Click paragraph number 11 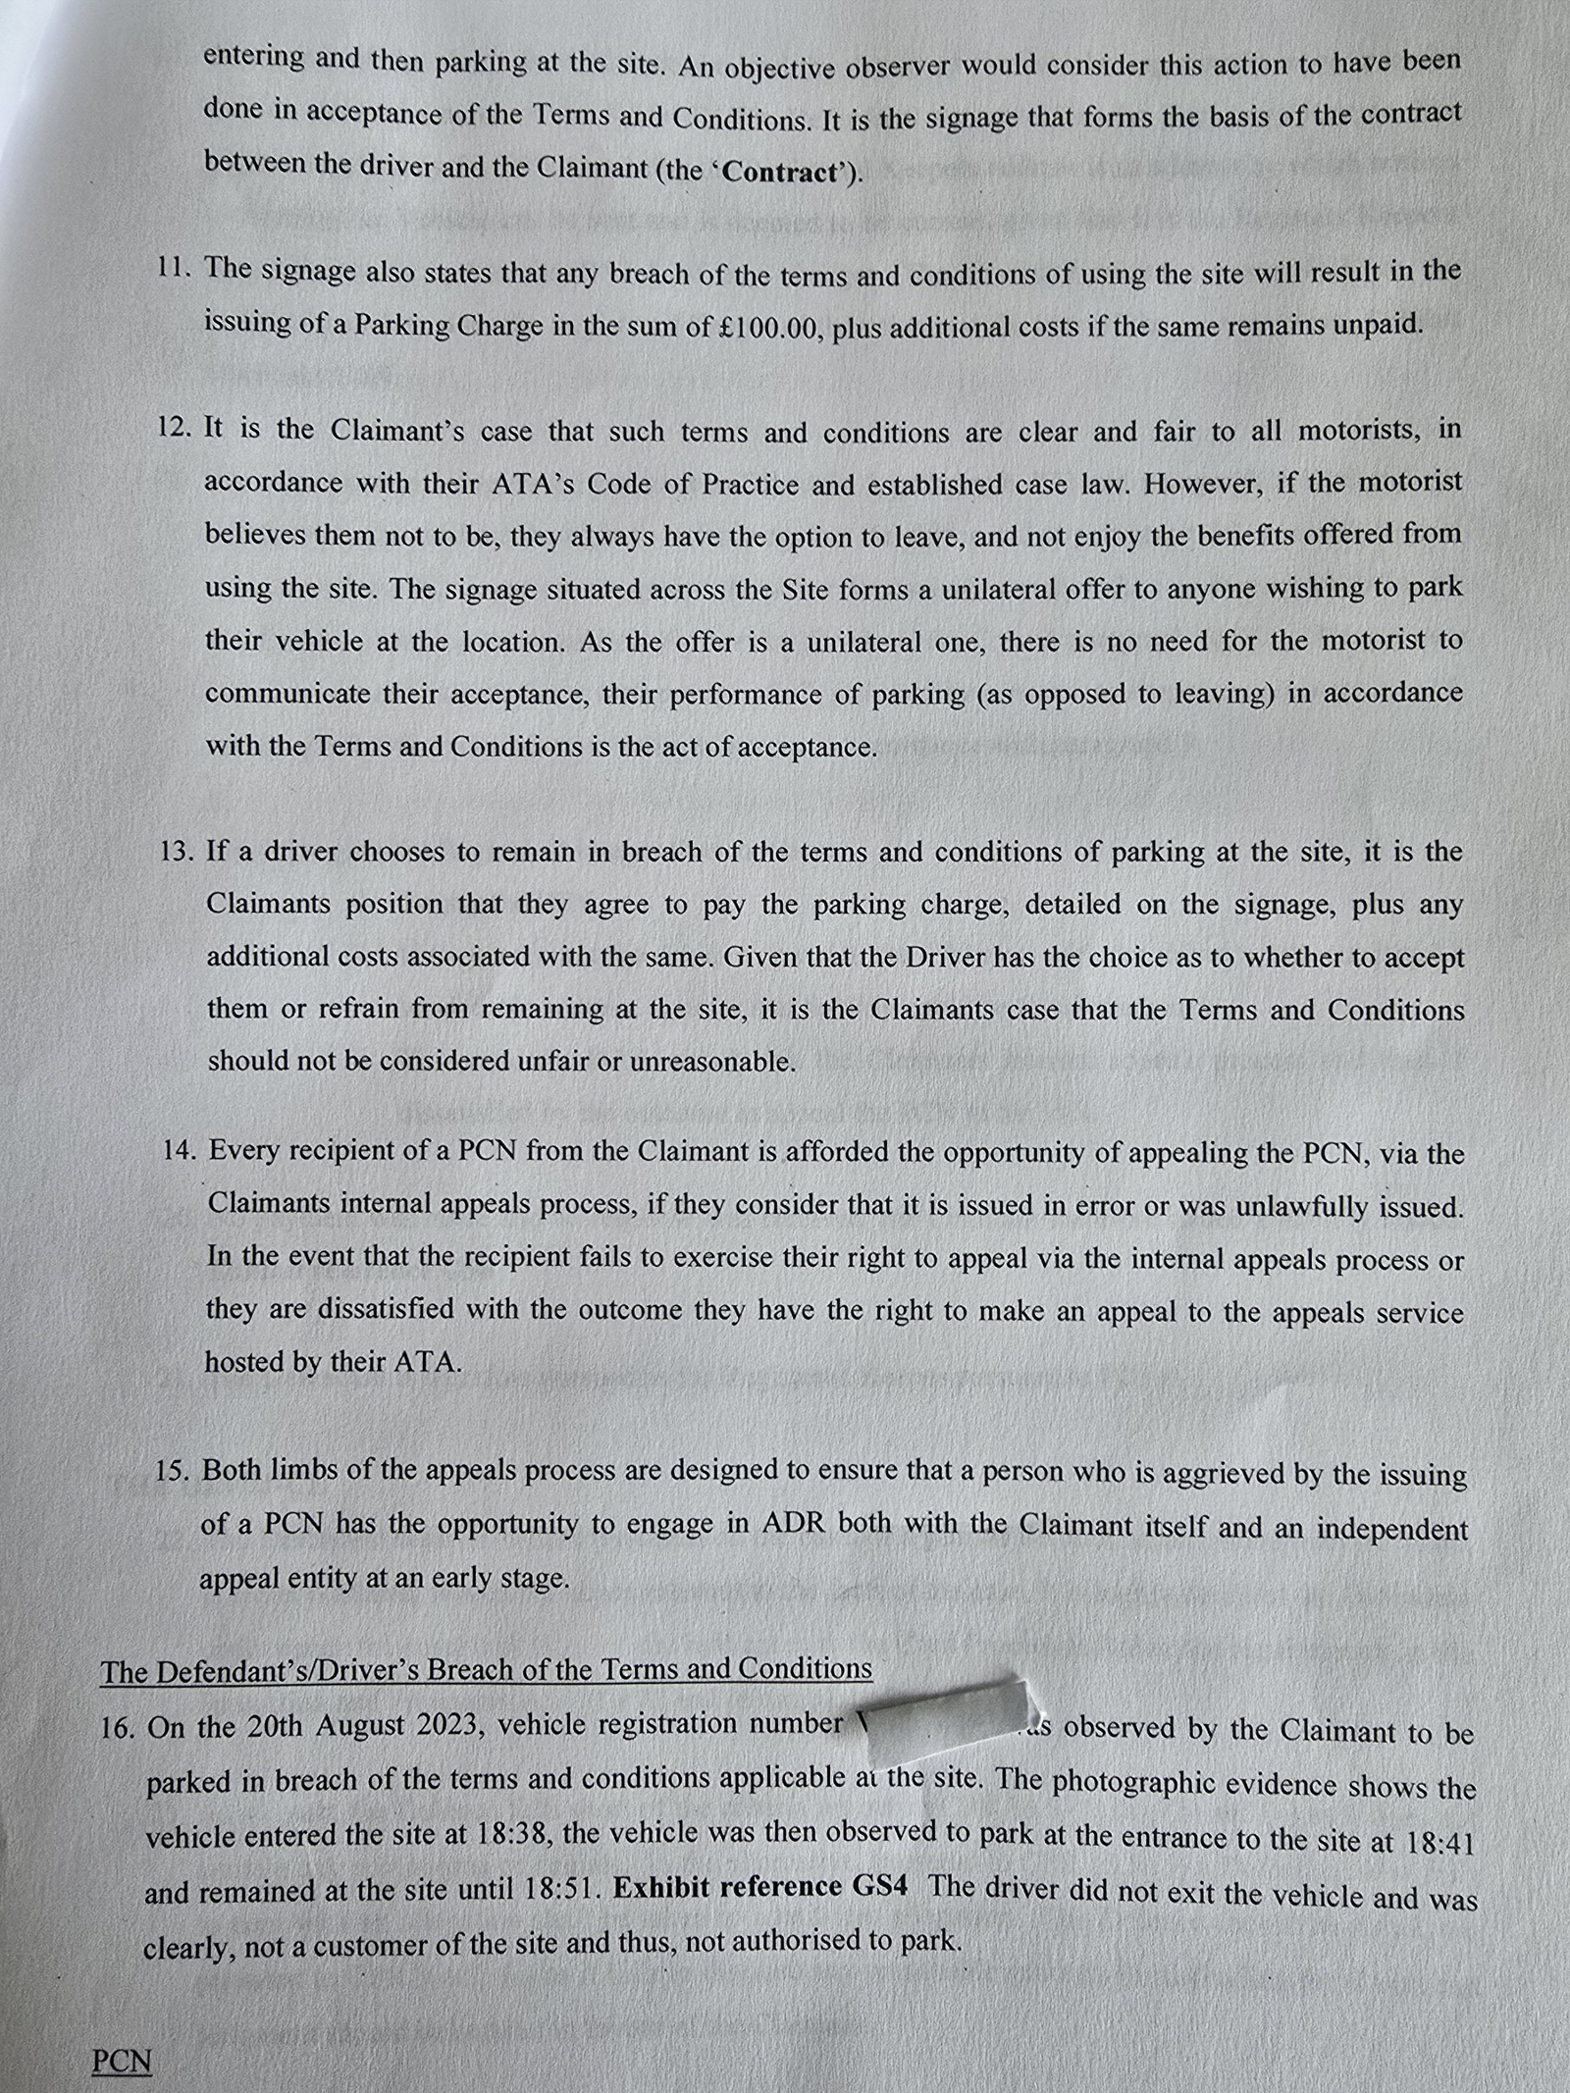[177, 268]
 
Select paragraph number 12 [178, 428]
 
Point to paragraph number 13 [179, 851]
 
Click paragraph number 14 [181, 1149]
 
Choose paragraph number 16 [118, 1728]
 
